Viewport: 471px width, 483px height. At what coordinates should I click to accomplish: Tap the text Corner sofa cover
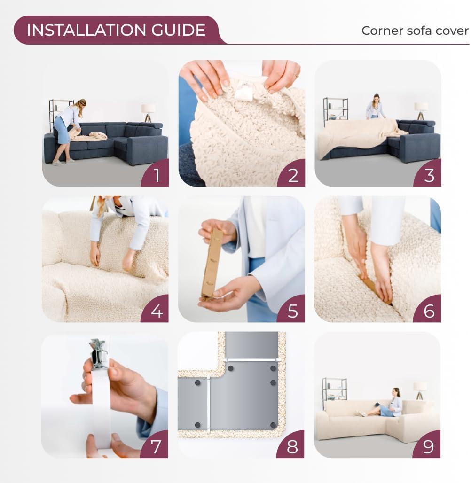(x=415, y=31)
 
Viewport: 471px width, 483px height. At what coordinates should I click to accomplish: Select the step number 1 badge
(x=156, y=175)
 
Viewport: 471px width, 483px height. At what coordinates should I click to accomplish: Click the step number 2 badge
(x=292, y=175)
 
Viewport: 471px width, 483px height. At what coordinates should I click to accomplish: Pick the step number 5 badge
(x=292, y=311)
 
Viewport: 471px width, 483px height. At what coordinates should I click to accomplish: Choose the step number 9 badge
(x=428, y=446)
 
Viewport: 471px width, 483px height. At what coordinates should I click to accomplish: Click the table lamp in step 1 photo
(x=149, y=112)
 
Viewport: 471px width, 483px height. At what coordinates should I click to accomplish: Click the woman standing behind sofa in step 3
(x=375, y=107)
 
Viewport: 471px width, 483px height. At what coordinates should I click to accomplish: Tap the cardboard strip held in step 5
(x=212, y=263)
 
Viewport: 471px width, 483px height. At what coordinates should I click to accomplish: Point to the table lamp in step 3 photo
(x=421, y=110)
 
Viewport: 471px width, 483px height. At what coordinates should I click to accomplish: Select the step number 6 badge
(x=428, y=311)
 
